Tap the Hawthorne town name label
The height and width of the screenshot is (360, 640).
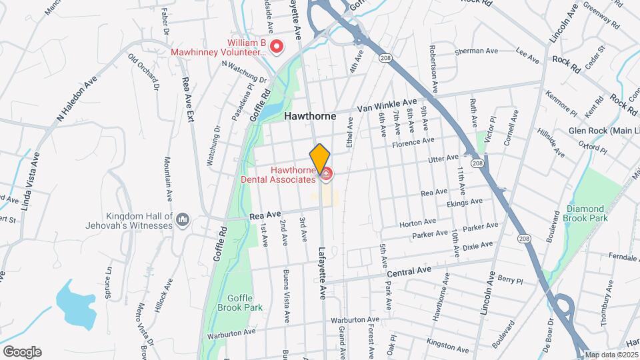coord(310,115)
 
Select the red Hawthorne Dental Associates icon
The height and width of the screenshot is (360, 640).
coord(326,175)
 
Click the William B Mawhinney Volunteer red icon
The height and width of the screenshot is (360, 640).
coord(275,46)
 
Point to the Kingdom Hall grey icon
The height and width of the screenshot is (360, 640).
coord(185,219)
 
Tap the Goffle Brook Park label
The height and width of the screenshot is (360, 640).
coord(240,303)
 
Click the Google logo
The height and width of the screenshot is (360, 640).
coord(22,351)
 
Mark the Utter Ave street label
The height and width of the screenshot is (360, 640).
coord(444,158)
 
